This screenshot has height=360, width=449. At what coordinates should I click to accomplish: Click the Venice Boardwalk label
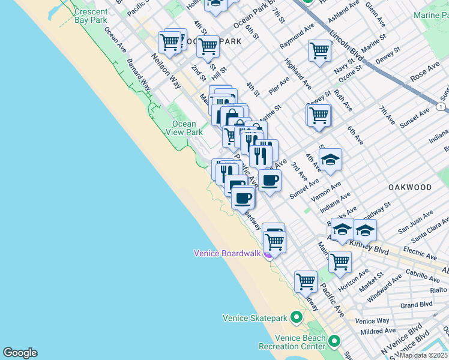(227, 253)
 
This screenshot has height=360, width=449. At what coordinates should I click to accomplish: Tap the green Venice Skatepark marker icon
(296, 317)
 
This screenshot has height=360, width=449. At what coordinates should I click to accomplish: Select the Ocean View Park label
(184, 128)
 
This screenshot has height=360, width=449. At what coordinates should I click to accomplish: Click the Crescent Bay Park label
(91, 16)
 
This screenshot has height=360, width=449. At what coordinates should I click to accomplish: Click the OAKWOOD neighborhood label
(410, 187)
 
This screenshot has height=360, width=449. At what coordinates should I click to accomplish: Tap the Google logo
(20, 353)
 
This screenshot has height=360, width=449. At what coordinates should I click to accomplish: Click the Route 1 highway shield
(442, 106)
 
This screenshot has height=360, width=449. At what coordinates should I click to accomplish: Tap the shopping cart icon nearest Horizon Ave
(340, 262)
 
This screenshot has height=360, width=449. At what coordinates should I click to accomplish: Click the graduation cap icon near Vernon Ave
(330, 160)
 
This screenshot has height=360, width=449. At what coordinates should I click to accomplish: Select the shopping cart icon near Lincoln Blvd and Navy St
(320, 50)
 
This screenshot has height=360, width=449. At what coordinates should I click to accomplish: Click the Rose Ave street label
(424, 79)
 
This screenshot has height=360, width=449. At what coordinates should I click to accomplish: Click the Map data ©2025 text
(424, 355)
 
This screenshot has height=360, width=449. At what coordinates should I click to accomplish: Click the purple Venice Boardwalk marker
(268, 254)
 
